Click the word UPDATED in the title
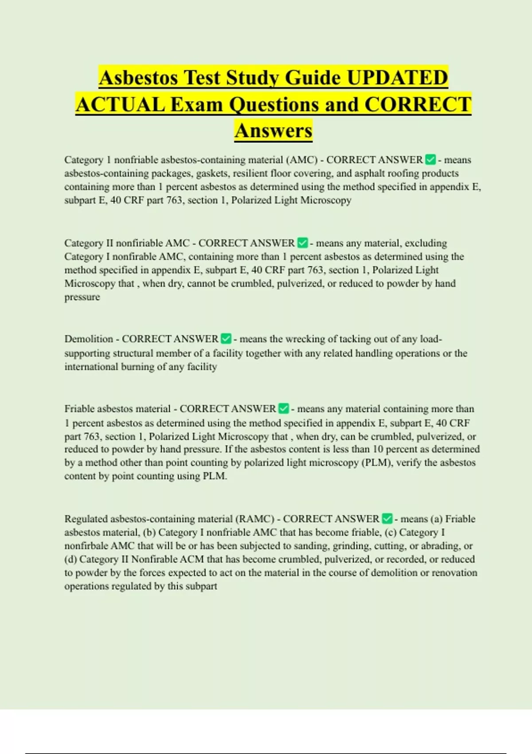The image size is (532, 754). pyautogui.click(x=397, y=78)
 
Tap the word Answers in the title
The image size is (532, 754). pyautogui.click(x=274, y=130)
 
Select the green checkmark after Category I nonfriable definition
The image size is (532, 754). pyautogui.click(x=430, y=159)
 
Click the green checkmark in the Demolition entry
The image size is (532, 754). pyautogui.click(x=226, y=339)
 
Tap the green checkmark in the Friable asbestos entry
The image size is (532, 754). pyautogui.click(x=283, y=408)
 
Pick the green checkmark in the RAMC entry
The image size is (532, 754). pyautogui.click(x=387, y=518)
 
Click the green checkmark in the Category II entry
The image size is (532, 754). pyautogui.click(x=302, y=243)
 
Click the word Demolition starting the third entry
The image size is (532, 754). pyautogui.click(x=89, y=339)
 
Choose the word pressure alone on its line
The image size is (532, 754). pyautogui.click(x=82, y=297)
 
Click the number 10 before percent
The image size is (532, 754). pyautogui.click(x=378, y=449)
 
